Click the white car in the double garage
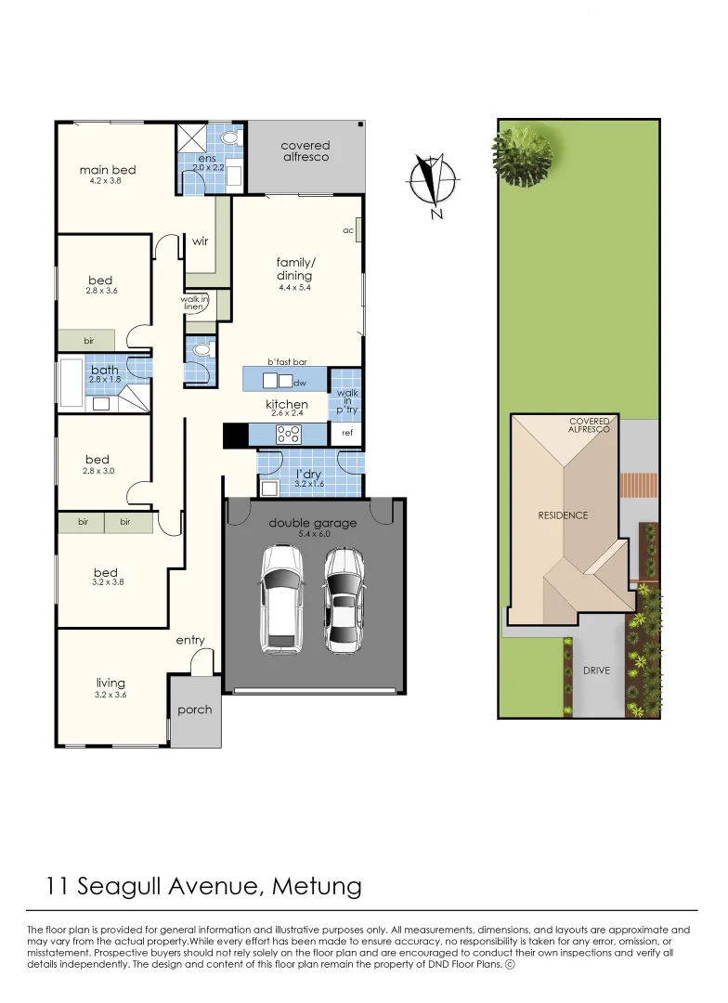tap(280, 596)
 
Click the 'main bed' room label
tap(108, 170)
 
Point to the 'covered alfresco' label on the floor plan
tap(305, 151)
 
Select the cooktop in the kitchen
tap(288, 434)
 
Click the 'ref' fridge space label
tap(347, 434)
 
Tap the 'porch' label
tap(195, 710)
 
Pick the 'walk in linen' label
tap(193, 303)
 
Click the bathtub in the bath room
tap(72, 383)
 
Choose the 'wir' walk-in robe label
tap(199, 241)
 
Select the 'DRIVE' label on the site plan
tap(597, 670)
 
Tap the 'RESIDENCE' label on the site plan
tap(563, 515)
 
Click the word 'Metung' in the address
tap(318, 886)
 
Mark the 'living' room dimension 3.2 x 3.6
tap(110, 695)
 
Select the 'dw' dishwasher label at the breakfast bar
tap(299, 383)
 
